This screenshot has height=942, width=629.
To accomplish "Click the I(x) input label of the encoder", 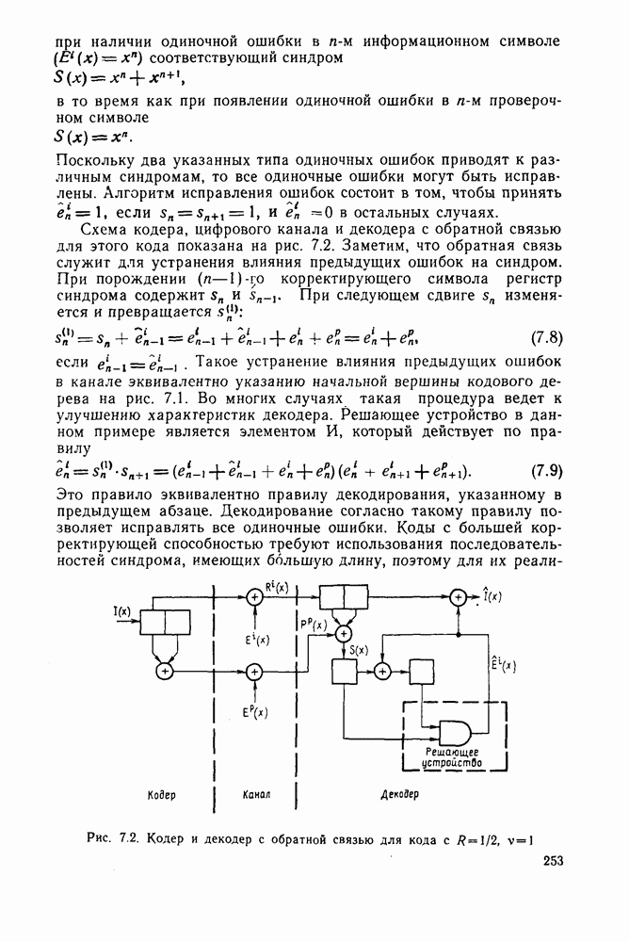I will point(122,612).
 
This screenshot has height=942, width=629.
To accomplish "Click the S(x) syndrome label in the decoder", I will point(358,650).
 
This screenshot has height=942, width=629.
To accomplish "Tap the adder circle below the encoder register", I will point(165,671).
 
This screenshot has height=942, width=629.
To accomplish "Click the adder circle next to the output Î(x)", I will point(459,596).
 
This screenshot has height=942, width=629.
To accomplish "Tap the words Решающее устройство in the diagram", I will point(453,758).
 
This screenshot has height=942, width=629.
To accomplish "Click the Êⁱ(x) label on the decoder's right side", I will point(508,667).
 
